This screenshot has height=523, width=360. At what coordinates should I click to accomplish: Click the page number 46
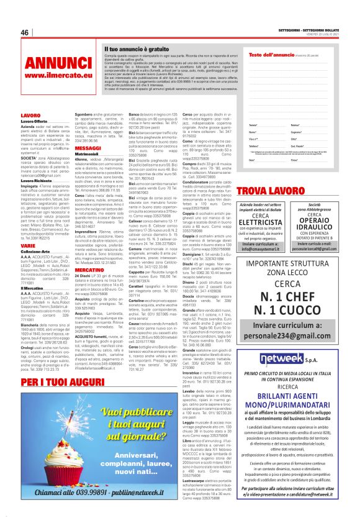25,32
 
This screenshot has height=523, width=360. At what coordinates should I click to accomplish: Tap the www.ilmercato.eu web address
52,76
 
